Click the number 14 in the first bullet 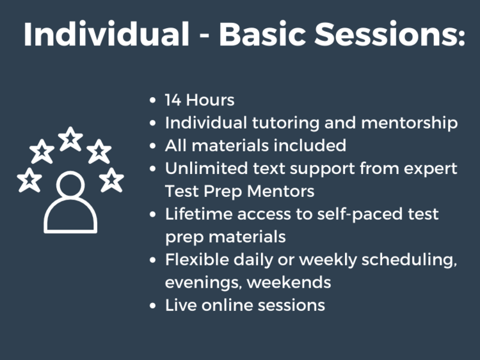click(x=173, y=100)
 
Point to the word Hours click(x=210, y=100)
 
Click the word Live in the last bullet click(x=180, y=305)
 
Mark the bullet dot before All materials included click(x=152, y=146)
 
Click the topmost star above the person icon click(x=70, y=139)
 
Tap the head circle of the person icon click(x=70, y=187)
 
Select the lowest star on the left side click(x=29, y=180)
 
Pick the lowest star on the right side click(x=111, y=180)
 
